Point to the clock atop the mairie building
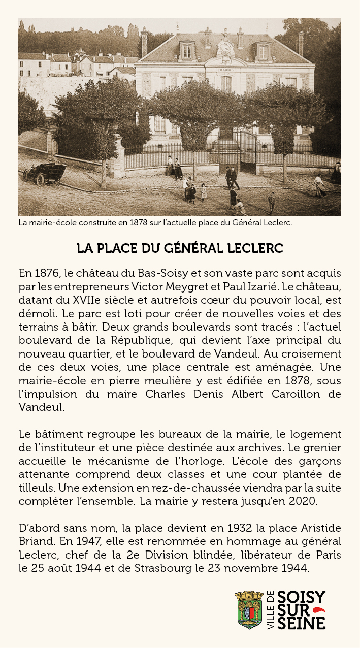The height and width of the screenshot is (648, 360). pos(225,49)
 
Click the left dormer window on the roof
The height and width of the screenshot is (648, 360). pos(187,51)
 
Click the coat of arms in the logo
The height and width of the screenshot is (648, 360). pos(249,610)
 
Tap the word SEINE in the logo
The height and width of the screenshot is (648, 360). pos(302,623)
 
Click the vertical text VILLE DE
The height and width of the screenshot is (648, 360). pos(270,610)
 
